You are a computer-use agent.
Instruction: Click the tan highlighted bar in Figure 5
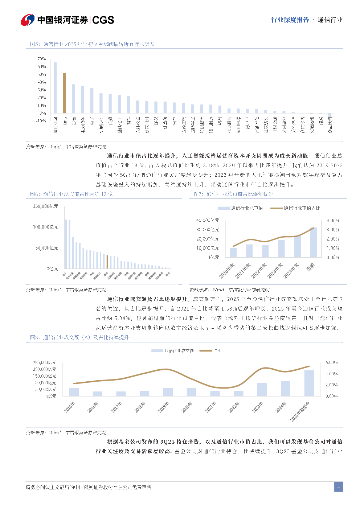64,93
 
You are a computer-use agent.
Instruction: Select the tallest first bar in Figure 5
55,87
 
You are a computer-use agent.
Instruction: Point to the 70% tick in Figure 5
42,59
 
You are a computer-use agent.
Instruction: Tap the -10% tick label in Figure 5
41,121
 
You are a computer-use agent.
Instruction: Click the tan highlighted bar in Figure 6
107,262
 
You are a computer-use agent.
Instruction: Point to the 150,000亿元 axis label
46,206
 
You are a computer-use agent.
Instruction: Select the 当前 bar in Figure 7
313,242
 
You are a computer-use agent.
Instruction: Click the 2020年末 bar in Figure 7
233,252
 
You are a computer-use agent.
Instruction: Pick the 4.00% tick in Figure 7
333,220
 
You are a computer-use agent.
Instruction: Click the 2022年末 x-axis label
259,271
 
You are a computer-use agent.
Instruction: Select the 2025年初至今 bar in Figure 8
309,383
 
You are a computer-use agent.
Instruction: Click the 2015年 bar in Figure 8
74,392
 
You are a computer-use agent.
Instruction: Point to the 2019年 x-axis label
164,407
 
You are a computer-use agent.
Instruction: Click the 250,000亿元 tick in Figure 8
45,362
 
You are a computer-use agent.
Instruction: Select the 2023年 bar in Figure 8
262,389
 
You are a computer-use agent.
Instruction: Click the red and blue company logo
28,20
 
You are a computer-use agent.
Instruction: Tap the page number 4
339,487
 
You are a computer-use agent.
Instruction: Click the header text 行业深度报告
290,20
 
